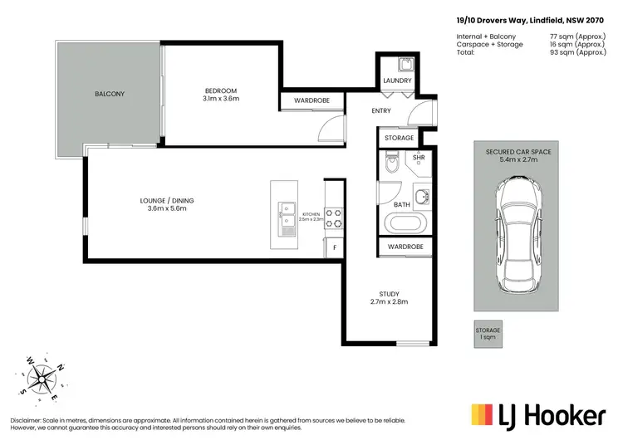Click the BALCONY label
click(108, 94)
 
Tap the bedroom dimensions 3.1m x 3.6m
click(221, 99)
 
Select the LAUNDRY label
click(398, 81)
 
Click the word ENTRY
click(358, 110)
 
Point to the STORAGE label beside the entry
click(399, 138)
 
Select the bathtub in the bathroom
click(406, 224)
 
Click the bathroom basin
click(422, 196)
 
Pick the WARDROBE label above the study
click(406, 247)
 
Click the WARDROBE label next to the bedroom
click(312, 101)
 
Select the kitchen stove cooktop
click(333, 218)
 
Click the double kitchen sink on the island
click(287, 214)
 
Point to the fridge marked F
click(334, 248)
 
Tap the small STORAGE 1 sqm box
click(488, 334)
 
